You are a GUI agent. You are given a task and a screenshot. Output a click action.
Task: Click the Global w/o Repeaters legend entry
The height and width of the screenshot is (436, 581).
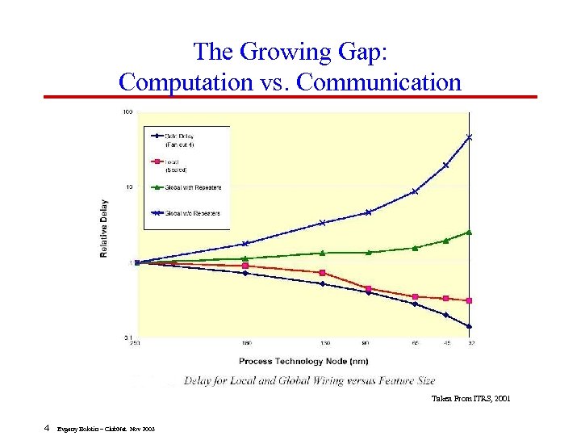coord(192,213)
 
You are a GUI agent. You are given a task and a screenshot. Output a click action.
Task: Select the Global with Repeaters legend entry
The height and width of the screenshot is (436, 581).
coord(192,187)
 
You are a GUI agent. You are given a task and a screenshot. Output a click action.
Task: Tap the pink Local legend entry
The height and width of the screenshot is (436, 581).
coord(177,166)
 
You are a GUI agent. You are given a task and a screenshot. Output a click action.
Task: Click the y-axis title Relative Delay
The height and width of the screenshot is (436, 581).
coord(104,228)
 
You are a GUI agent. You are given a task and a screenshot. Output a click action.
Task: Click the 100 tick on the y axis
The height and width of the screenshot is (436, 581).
coord(127,112)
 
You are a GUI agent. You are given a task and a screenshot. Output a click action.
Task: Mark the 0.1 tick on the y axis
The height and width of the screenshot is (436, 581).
coord(127,337)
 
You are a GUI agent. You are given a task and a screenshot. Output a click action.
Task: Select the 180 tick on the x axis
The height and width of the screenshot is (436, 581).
coord(245,344)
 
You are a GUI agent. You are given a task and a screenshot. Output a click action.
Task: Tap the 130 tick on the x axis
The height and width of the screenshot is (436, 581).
coord(322,344)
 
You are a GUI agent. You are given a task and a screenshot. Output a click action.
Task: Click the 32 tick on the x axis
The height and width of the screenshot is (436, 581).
coord(469,344)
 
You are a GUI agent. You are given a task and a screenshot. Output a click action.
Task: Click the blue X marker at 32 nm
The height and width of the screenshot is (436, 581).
coord(469,137)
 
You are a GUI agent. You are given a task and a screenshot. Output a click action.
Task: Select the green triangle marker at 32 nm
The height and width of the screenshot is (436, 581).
coord(469,233)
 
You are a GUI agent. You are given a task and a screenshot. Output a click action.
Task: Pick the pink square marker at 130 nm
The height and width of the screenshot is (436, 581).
coord(322,273)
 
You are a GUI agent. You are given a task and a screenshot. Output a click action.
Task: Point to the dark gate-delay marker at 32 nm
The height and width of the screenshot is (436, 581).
coord(469,326)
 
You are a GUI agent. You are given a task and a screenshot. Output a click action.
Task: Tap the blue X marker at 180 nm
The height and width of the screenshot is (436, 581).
coord(245,243)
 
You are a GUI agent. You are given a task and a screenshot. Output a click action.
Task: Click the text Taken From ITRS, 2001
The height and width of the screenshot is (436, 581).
coord(470,399)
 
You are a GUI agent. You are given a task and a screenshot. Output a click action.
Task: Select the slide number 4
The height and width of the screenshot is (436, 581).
coord(48,428)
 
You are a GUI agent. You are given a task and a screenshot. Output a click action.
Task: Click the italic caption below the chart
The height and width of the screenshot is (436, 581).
coord(309,380)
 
